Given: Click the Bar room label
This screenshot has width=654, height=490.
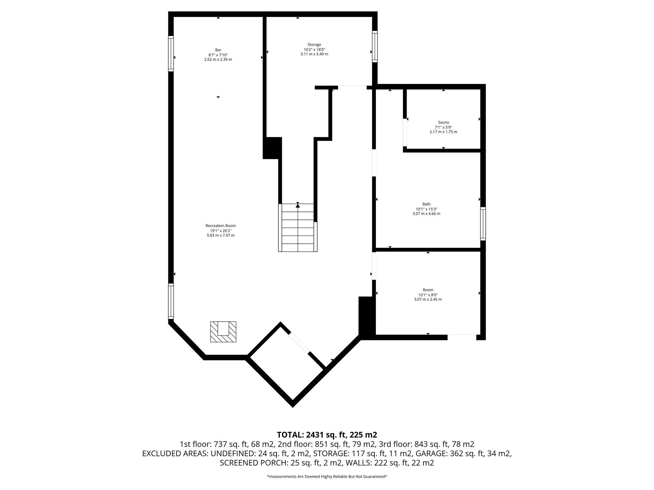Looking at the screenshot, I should pos(218,50).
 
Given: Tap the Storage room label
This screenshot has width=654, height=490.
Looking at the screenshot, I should pos(314,45).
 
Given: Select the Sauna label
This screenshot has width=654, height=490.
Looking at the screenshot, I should pos(443,122).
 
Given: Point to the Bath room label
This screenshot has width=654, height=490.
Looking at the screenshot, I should pos(426,204).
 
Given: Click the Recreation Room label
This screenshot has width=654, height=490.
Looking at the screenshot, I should pos(220,226).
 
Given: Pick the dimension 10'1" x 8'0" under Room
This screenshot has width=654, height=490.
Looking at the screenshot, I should pos(428,295).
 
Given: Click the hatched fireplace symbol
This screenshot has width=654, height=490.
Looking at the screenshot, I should pos(223,332).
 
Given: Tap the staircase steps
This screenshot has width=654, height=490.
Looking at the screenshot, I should pos(298,228).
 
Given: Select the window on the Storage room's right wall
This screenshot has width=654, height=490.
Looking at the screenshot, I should pos(375,47).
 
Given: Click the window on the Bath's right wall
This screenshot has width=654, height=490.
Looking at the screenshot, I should pos(483,223).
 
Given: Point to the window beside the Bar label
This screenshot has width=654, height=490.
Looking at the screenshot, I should pos(171,53).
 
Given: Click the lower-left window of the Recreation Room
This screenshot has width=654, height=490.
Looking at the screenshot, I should pos(171,301).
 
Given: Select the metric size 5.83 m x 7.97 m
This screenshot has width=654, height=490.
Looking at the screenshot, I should pos(220,235).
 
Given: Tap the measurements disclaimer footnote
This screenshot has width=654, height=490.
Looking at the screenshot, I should pos(327,477).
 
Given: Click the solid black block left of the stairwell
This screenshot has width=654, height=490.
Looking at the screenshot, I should pos(272,148).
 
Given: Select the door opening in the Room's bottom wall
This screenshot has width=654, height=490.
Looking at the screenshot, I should pos(462,337).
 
